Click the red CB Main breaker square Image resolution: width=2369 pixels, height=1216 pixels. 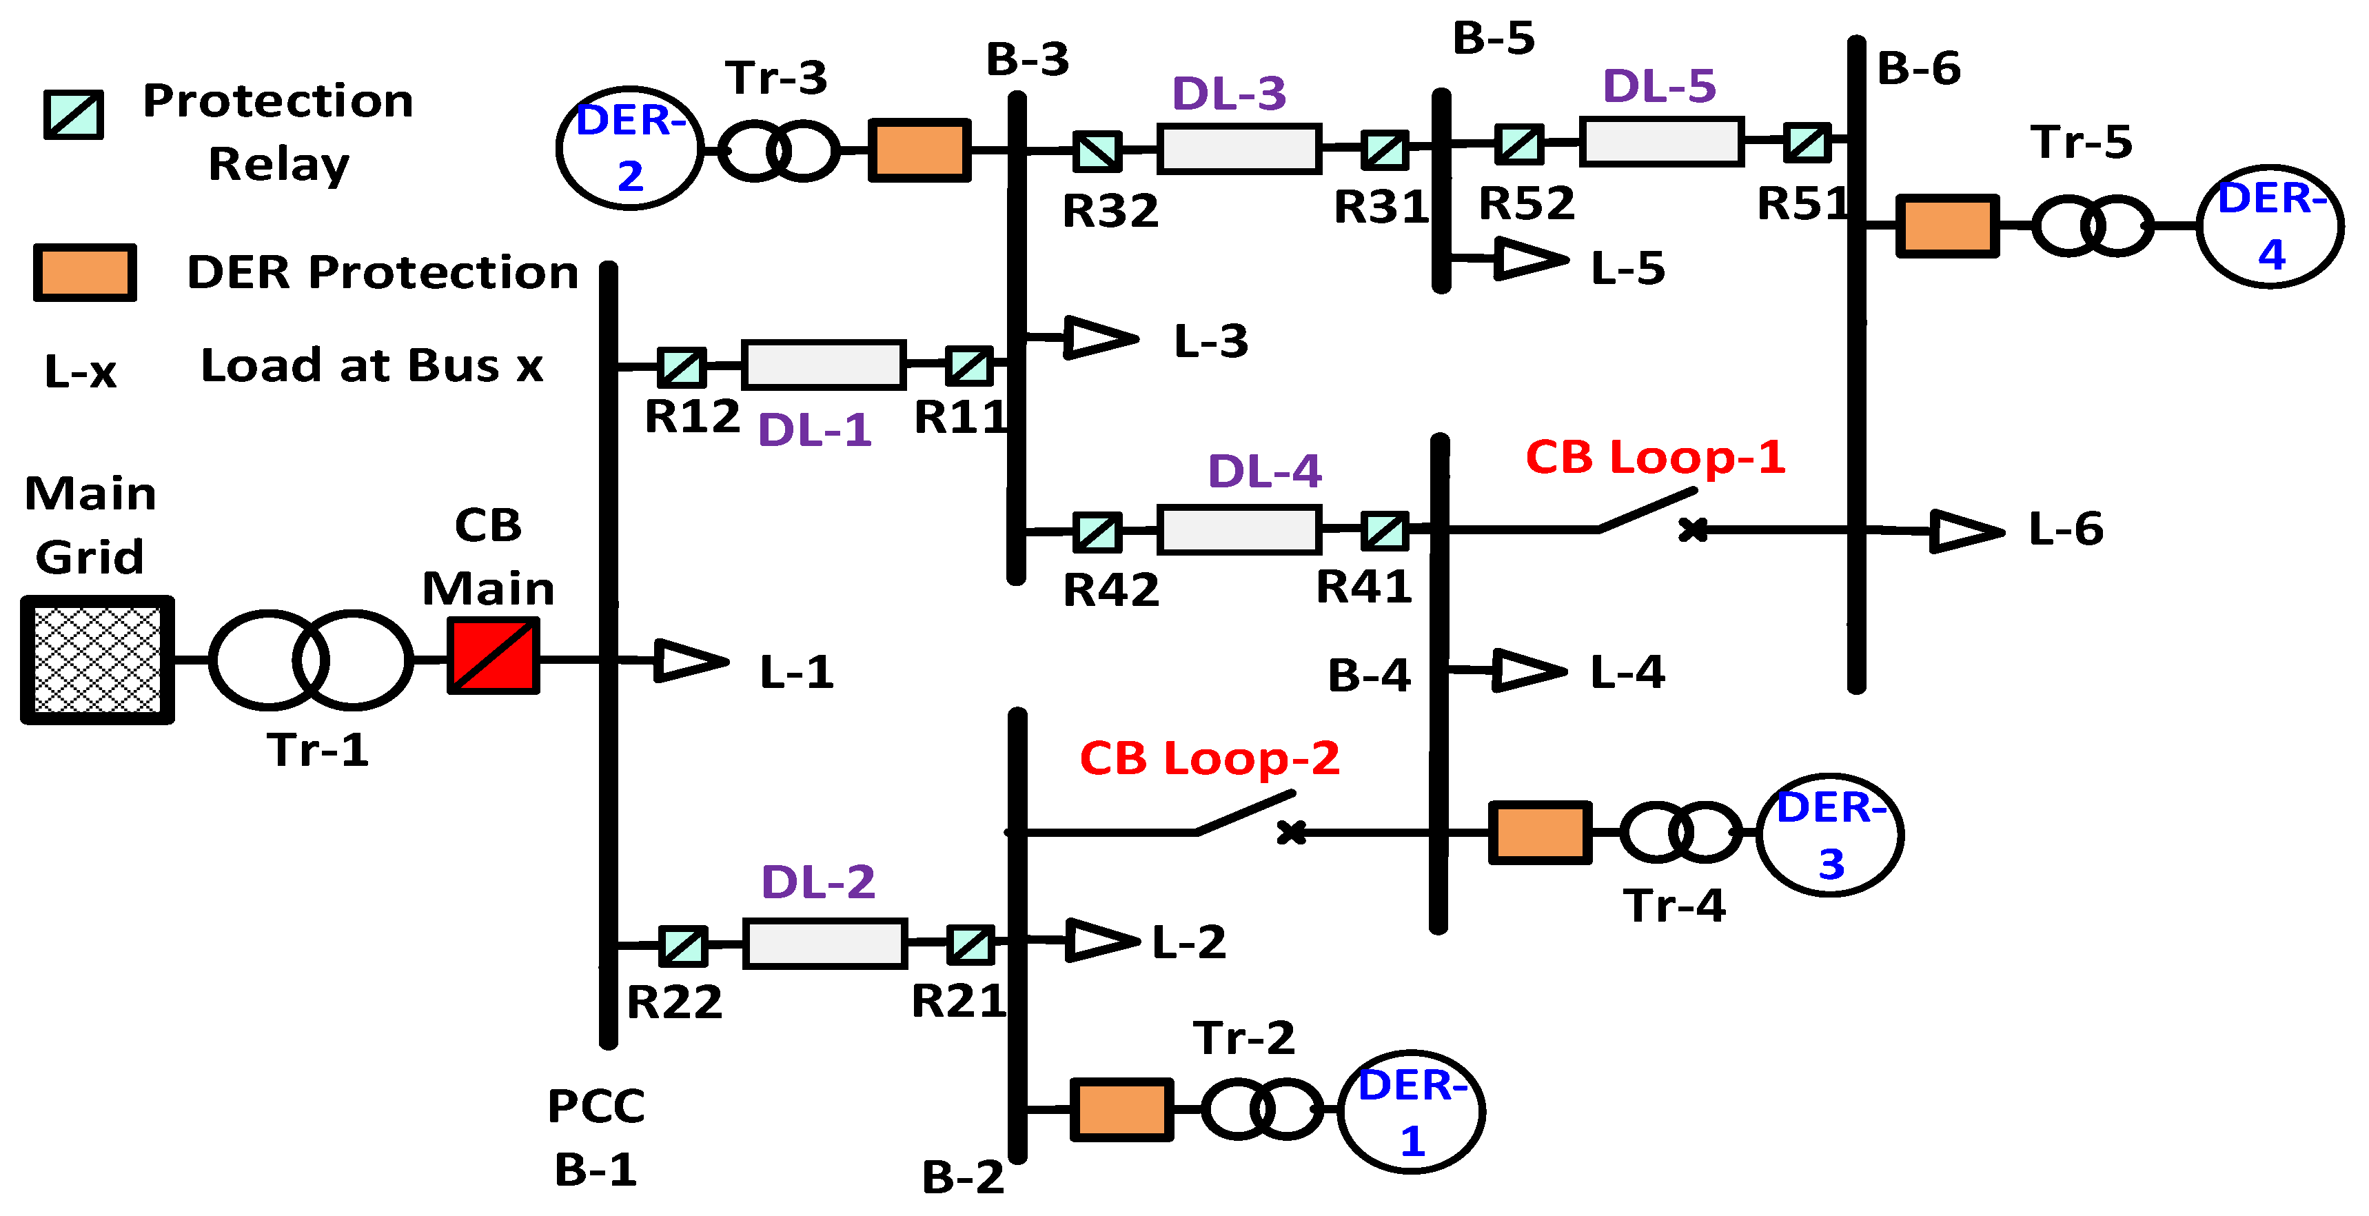[x=493, y=656]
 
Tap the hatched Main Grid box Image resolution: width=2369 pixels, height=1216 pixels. [x=97, y=660]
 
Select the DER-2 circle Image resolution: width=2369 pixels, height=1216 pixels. [x=630, y=148]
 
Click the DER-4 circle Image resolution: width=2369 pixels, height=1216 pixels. [x=2270, y=226]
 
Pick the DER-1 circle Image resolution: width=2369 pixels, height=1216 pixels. [x=1411, y=1111]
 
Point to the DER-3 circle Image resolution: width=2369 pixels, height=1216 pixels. [x=1829, y=834]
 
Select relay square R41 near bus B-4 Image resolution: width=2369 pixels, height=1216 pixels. [x=1384, y=531]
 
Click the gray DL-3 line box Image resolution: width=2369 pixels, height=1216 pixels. [x=1239, y=149]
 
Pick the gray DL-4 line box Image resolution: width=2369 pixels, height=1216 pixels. [x=1239, y=530]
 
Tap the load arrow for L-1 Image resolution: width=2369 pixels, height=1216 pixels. [x=690, y=660]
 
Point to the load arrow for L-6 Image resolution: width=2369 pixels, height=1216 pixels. [x=1966, y=531]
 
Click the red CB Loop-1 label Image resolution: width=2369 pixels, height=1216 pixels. [x=1656, y=457]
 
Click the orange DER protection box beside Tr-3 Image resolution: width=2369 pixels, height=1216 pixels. [x=919, y=150]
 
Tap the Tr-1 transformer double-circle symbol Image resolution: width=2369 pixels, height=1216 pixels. [x=311, y=660]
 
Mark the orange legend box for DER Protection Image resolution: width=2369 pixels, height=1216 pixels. [x=85, y=272]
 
